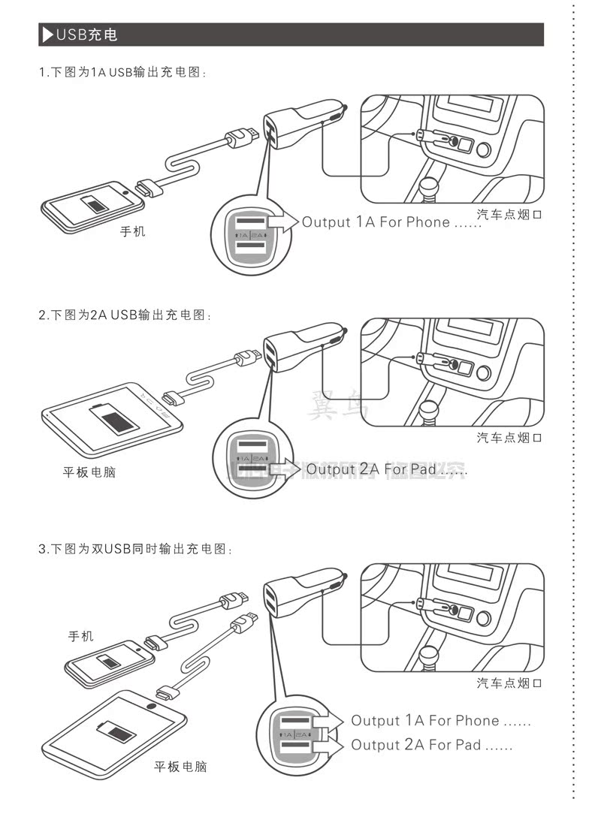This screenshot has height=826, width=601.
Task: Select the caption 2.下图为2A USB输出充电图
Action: click(x=125, y=315)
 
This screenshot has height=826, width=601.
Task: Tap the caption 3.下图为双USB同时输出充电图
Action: click(x=135, y=549)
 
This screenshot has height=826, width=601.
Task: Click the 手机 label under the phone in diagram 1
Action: click(x=133, y=232)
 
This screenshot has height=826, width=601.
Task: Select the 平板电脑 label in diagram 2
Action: click(x=89, y=473)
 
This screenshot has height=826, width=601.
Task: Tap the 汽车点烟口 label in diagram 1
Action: click(x=509, y=215)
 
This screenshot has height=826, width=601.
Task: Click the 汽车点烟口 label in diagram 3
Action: click(x=509, y=683)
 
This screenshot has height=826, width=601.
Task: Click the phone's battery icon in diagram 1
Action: click(x=96, y=203)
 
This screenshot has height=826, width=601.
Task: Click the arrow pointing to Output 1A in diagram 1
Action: click(x=282, y=222)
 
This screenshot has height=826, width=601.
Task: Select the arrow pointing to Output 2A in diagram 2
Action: click(x=285, y=469)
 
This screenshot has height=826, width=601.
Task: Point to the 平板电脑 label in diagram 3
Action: click(x=180, y=767)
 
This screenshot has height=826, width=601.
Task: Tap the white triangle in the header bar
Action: click(x=47, y=35)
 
